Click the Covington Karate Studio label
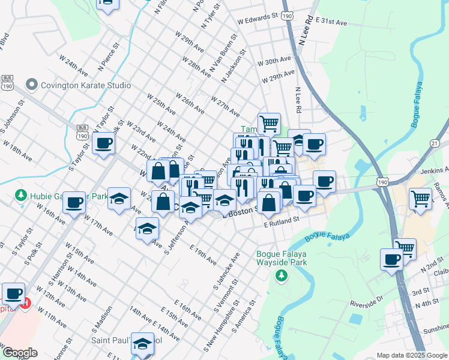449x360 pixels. [85, 85]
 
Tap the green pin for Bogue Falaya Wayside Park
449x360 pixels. [281, 275]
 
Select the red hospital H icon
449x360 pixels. [25, 304]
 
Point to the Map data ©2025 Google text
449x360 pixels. [412, 355]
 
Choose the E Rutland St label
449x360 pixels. [282, 221]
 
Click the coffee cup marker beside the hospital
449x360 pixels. [13, 293]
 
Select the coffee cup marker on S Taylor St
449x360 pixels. [104, 143]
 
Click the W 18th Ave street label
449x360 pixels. [17, 151]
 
